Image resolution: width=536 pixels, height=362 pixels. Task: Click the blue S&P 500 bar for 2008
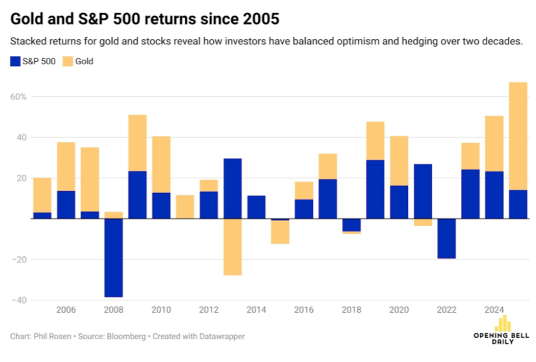pyautogui.click(x=114, y=257)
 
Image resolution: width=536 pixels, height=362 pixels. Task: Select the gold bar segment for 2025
pyautogui.click(x=518, y=136)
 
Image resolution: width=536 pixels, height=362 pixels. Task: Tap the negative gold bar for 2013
pyautogui.click(x=233, y=247)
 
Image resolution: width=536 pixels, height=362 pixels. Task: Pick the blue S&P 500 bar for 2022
pyautogui.click(x=446, y=238)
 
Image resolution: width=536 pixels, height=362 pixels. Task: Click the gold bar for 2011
pyautogui.click(x=185, y=207)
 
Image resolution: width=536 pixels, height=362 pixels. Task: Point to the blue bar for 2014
pyautogui.click(x=256, y=207)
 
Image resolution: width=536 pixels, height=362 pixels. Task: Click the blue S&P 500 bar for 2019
pyautogui.click(x=375, y=189)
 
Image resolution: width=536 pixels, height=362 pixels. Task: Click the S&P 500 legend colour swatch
pyautogui.click(x=16, y=62)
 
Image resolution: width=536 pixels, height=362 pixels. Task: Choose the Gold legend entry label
pyautogui.click(x=85, y=62)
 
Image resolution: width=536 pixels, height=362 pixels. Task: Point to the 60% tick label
pyautogui.click(x=18, y=97)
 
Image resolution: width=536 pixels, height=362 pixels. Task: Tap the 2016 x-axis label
pyautogui.click(x=304, y=311)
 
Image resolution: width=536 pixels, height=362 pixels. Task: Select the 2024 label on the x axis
pyautogui.click(x=494, y=311)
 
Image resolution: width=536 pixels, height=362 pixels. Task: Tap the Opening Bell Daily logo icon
pyautogui.click(x=501, y=323)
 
